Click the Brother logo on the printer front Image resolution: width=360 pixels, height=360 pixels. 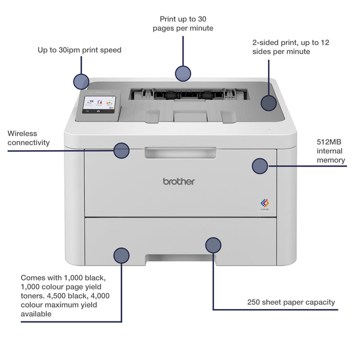[x=179, y=181]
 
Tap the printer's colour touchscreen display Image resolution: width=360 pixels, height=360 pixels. [x=99, y=104]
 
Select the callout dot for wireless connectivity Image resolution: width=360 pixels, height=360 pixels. [x=121, y=150]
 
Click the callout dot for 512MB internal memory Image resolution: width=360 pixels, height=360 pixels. [x=260, y=166]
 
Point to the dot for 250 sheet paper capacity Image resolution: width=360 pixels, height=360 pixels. [x=213, y=245]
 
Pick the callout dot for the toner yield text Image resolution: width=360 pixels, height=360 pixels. [x=121, y=256]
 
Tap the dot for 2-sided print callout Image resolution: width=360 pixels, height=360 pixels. [x=268, y=103]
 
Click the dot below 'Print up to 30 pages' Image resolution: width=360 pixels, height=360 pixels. [x=183, y=74]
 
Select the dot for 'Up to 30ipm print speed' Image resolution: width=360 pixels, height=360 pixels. [x=81, y=81]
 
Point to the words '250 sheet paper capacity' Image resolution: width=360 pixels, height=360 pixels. [x=291, y=302]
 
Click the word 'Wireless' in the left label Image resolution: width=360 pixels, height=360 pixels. [x=22, y=133]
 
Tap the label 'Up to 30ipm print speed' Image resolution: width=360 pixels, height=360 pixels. [x=79, y=50]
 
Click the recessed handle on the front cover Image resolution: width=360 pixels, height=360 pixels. [x=180, y=153]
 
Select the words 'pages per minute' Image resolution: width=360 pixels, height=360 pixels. [x=183, y=28]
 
